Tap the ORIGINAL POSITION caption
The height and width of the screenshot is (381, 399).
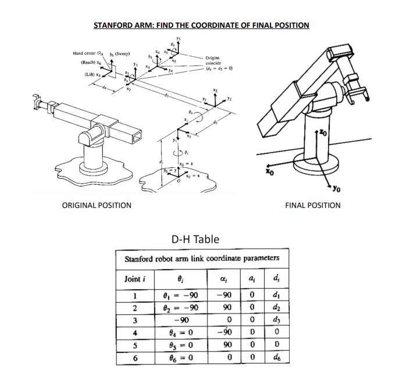(97, 205)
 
